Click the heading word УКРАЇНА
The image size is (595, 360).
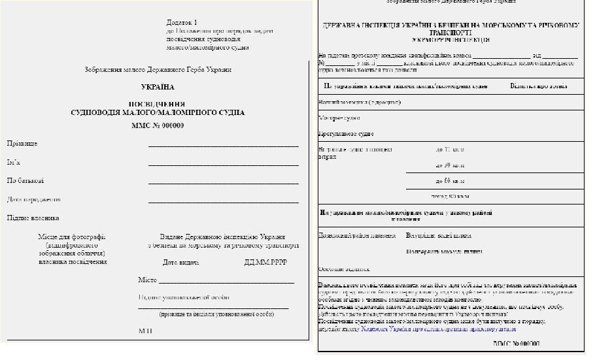tap(158, 87)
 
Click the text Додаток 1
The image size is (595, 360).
tap(182, 22)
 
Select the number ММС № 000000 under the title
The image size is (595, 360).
tap(158, 125)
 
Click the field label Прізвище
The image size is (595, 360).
tap(22, 142)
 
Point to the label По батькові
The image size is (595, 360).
tap(25, 180)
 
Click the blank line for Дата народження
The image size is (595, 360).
tap(223, 203)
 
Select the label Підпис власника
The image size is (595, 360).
tap(33, 218)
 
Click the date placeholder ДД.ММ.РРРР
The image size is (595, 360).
tap(264, 263)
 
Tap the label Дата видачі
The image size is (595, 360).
tap(181, 263)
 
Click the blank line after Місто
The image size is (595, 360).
tap(226, 282)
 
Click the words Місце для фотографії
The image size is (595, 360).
tap(72, 237)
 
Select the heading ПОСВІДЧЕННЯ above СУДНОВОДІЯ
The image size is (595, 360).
tap(157, 104)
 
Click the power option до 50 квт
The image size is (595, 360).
tap(449, 165)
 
